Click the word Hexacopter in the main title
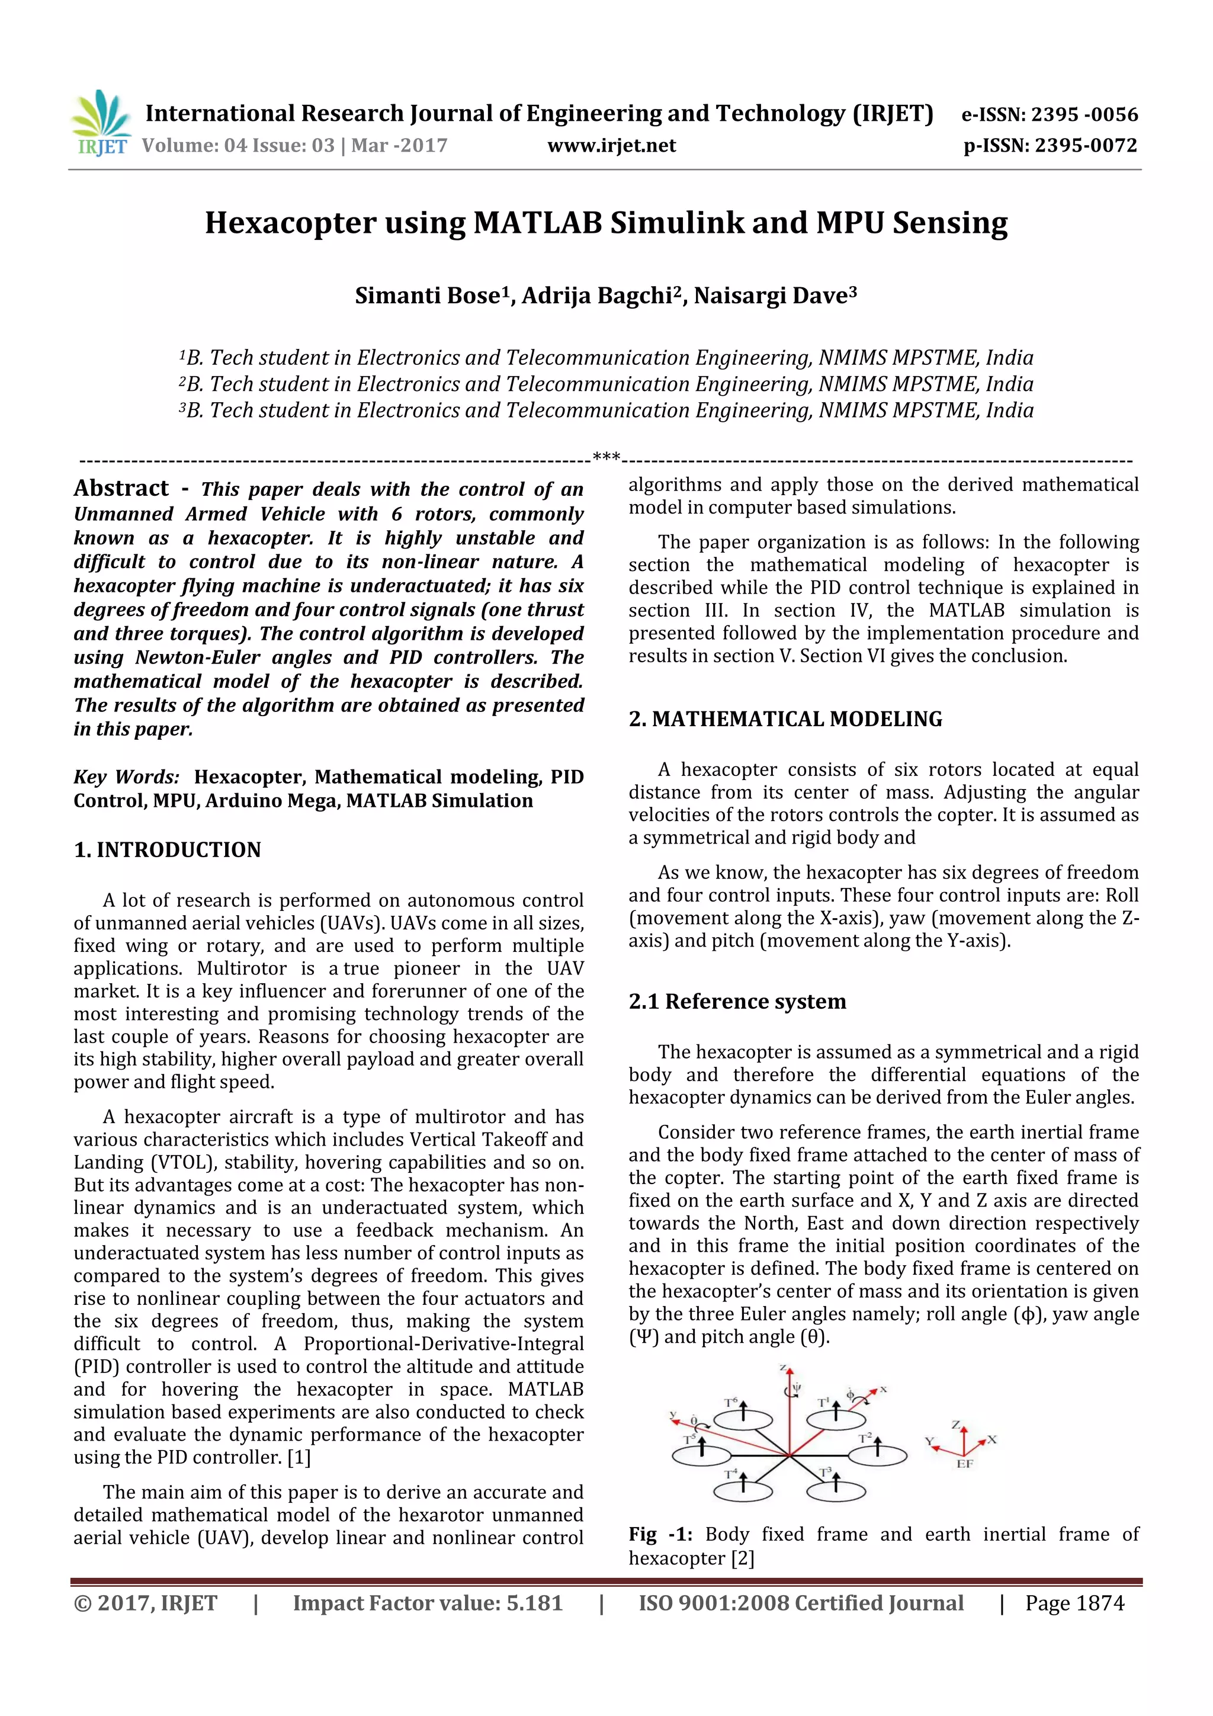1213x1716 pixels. [291, 223]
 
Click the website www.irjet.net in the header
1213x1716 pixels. [611, 146]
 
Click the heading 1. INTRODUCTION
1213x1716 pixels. [168, 850]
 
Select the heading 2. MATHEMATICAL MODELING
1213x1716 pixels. [785, 719]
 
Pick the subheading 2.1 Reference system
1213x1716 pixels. [737, 1002]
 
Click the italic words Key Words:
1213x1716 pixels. [126, 777]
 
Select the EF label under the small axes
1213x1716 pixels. [965, 1464]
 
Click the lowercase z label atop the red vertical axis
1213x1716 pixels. [783, 1368]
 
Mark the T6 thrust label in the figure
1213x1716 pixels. [731, 1403]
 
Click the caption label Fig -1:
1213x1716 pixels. [660, 1534]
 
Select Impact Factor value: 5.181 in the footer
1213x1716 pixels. [428, 1603]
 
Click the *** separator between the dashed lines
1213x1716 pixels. [606, 456]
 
